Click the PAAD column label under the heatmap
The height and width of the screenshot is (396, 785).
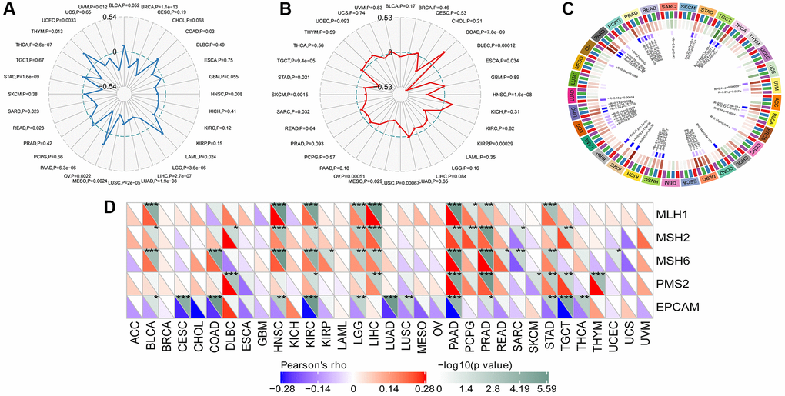click(x=455, y=335)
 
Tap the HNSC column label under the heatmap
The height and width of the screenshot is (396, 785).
click(x=279, y=335)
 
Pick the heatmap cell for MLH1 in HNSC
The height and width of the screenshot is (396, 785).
click(x=279, y=213)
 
